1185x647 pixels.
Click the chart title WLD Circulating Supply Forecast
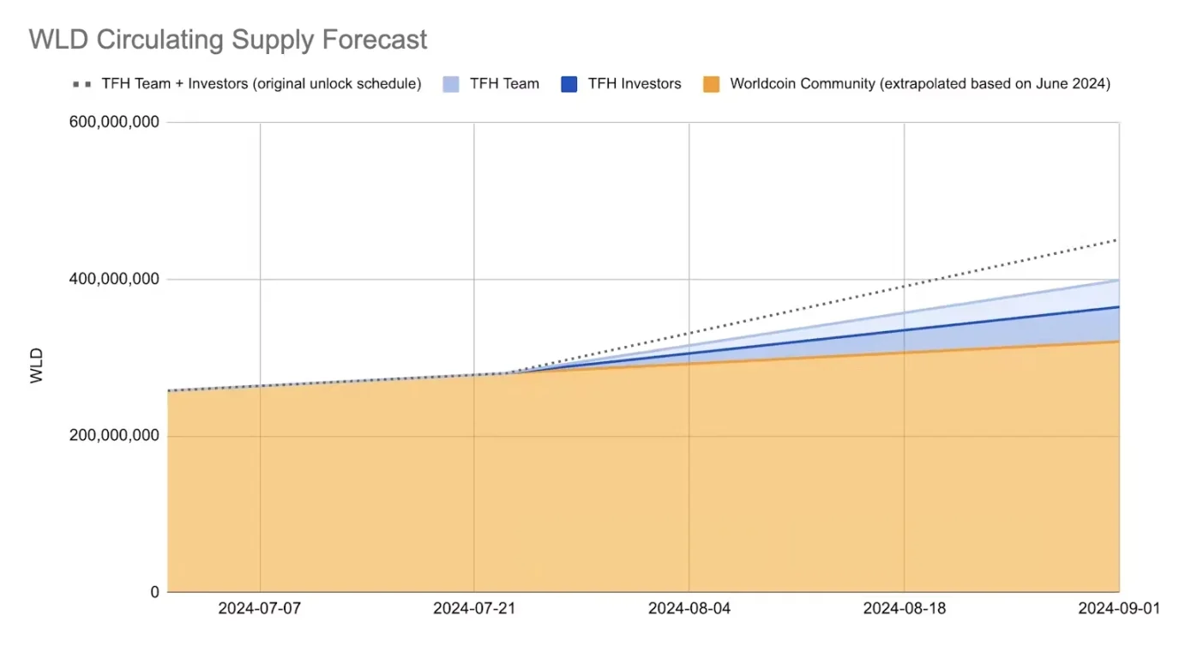(228, 39)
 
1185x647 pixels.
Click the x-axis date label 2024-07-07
(260, 609)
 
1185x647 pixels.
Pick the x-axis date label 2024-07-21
(474, 609)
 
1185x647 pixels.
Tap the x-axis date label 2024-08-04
(689, 609)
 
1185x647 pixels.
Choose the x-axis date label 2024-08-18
(904, 609)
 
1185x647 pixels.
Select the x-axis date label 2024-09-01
(1117, 609)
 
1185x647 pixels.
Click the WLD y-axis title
(37, 366)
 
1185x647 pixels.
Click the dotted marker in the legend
(82, 84)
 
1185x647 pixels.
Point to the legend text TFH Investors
(635, 84)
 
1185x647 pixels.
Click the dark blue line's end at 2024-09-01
(1118, 306)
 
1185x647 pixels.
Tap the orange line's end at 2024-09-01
(1118, 342)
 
